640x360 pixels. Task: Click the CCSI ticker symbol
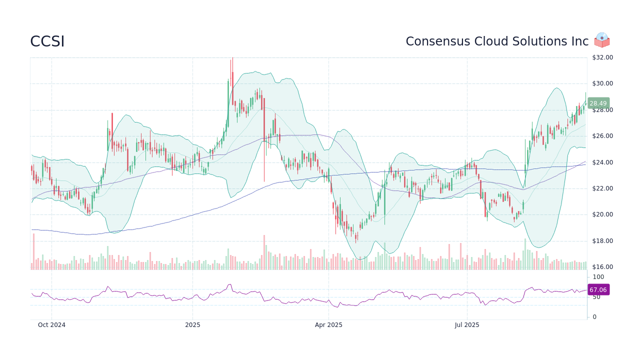pos(47,41)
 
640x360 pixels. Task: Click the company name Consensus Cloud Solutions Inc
pos(497,41)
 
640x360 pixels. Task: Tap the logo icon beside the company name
pos(602,40)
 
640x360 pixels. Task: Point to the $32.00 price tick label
pos(602,57)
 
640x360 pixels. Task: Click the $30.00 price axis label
pos(602,83)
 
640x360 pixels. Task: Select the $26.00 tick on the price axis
pos(602,136)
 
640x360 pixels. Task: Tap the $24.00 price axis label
pos(602,162)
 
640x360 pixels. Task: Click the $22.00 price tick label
pos(602,188)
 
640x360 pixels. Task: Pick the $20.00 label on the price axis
pos(602,214)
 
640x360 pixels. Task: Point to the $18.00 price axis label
pos(602,241)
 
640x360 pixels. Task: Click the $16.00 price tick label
pos(602,267)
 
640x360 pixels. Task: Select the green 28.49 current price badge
pos(598,103)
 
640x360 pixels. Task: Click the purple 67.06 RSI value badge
pos(598,290)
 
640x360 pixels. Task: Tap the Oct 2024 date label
pos(51,325)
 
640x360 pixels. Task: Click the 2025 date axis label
pos(192,325)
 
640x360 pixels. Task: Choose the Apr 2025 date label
pos(328,325)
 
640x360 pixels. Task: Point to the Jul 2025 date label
pos(467,325)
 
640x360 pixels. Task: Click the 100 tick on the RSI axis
pos(598,277)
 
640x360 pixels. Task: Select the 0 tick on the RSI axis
pos(594,317)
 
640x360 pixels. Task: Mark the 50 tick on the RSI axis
pos(596,297)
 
